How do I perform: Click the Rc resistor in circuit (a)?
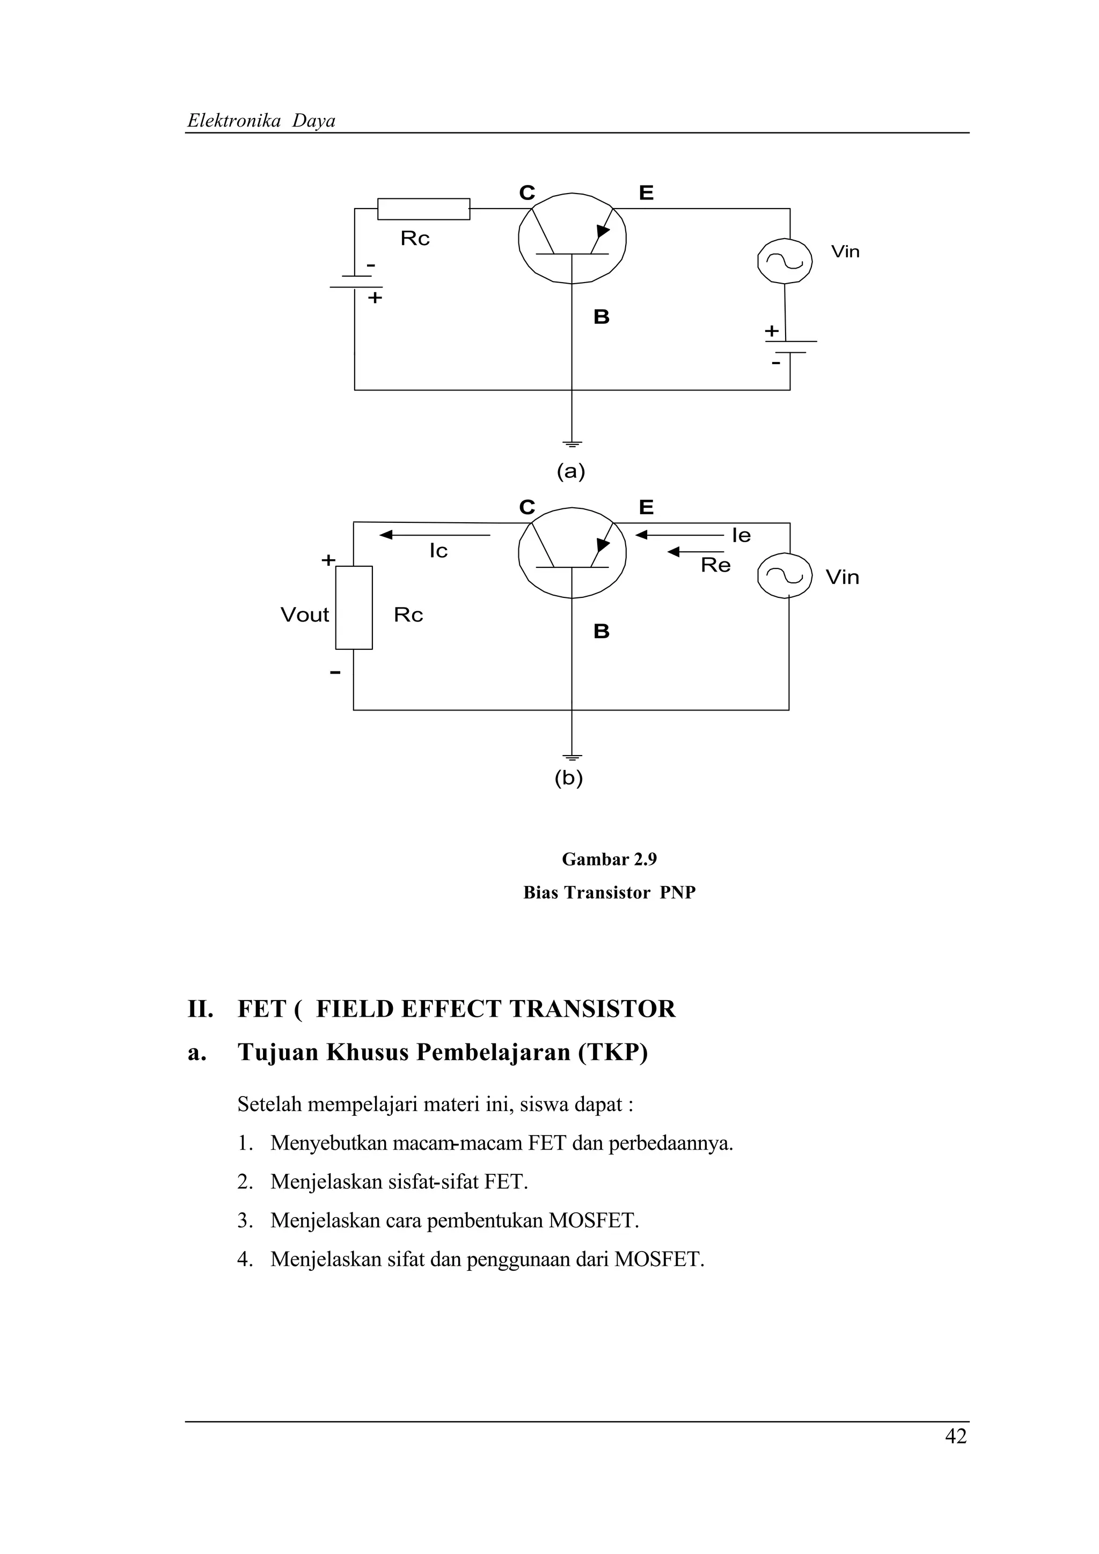[x=423, y=209]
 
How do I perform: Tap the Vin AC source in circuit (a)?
[x=785, y=261]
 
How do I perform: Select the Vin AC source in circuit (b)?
[x=785, y=576]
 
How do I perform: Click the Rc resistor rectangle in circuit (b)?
[x=354, y=607]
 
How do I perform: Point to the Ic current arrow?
[x=435, y=535]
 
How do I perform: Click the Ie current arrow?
[x=680, y=535]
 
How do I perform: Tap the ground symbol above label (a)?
[x=572, y=444]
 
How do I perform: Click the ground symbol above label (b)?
[x=572, y=757]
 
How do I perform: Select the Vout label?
[x=305, y=615]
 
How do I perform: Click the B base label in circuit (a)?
[x=602, y=317]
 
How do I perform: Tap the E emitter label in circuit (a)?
[x=647, y=194]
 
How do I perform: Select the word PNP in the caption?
[x=678, y=893]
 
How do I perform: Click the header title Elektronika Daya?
[x=261, y=121]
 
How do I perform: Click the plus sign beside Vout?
[x=328, y=560]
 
